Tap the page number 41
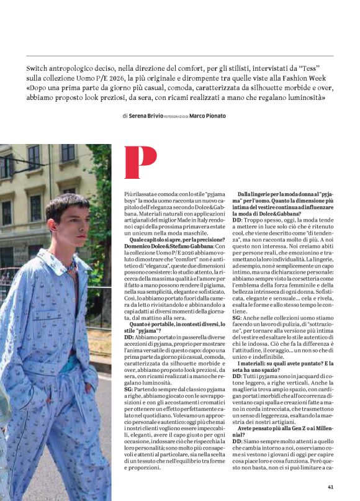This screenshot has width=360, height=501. (331, 487)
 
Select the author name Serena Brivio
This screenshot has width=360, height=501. (146, 116)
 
